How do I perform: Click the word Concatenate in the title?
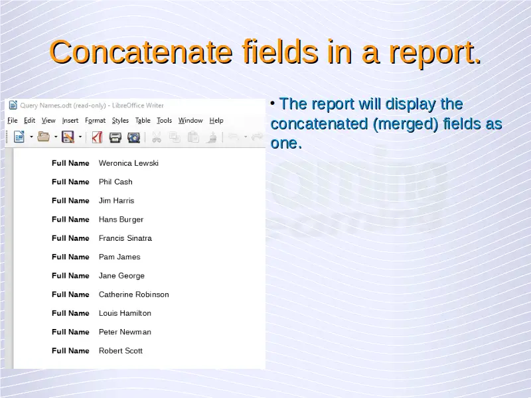141,52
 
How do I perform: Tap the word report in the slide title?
435,53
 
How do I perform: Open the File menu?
13,121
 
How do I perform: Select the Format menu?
95,121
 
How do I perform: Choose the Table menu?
143,121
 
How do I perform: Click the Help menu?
216,121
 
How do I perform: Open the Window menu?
190,121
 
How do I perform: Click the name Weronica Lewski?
129,163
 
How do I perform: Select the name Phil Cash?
115,182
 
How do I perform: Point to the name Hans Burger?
121,220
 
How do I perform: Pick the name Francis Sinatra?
125,238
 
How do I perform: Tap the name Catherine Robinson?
134,295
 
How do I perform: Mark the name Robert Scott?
121,351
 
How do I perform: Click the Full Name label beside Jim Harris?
70,201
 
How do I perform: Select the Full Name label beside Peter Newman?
70,332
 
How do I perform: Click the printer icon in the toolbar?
115,137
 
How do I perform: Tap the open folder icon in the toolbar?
43,137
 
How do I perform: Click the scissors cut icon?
156,137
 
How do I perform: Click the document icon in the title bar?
13,105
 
